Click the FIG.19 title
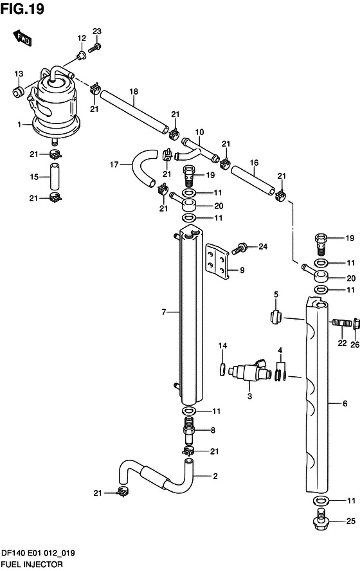click(22, 9)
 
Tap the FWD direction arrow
click(22, 38)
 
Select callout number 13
click(19, 73)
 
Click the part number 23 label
click(96, 32)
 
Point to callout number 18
click(134, 91)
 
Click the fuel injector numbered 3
click(251, 371)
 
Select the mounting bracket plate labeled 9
click(218, 261)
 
